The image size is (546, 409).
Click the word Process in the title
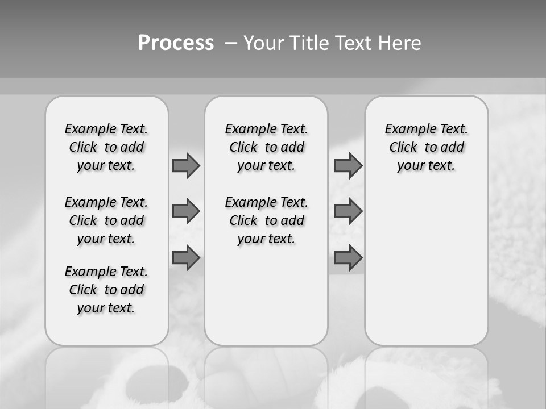(x=176, y=43)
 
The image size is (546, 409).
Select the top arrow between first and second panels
(x=186, y=165)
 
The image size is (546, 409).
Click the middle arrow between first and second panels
(x=186, y=211)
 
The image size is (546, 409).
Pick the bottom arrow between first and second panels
(x=186, y=257)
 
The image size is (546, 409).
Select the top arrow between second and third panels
(x=348, y=165)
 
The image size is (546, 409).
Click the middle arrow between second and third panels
(x=348, y=211)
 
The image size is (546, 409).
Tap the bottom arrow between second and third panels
(x=348, y=257)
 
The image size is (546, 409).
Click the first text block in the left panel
(x=106, y=147)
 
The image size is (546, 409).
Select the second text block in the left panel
(x=106, y=220)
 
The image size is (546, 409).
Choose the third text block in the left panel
(x=106, y=290)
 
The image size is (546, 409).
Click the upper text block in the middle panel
(x=266, y=147)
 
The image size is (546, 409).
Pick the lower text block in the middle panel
(x=266, y=220)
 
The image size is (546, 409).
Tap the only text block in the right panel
(x=426, y=147)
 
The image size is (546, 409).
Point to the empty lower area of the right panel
(x=426, y=267)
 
